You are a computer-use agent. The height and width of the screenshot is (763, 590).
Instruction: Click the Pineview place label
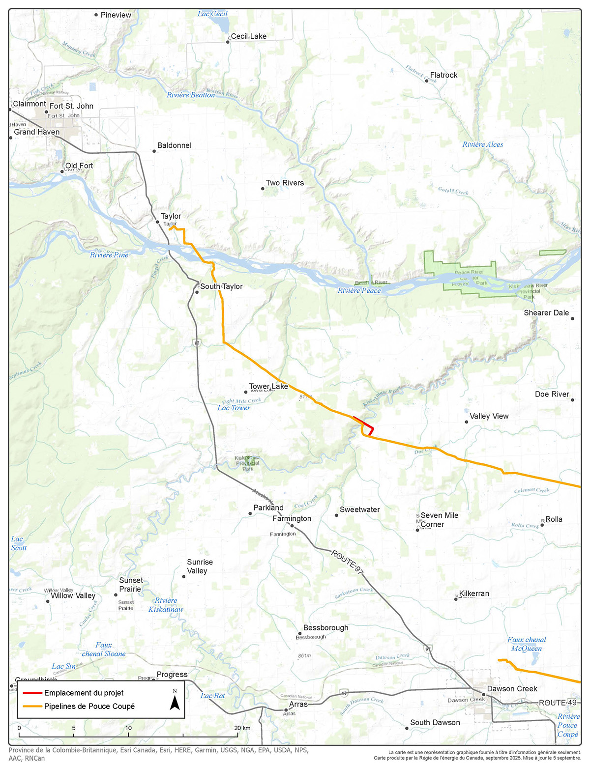116,15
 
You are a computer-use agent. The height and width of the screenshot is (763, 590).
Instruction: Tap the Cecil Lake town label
248,36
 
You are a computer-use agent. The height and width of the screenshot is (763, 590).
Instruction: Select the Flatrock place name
443,75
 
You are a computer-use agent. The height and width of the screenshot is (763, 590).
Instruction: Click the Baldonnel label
174,145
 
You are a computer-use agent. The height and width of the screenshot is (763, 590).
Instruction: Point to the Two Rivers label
285,183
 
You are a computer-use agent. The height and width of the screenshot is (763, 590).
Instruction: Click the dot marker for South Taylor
197,292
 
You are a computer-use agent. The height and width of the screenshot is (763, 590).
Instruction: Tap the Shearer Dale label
546,313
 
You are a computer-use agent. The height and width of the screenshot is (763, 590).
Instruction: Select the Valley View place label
489,416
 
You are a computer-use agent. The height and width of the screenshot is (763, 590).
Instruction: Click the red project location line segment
364,423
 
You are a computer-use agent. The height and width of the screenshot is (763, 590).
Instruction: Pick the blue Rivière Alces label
482,144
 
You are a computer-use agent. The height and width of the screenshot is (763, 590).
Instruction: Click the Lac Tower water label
234,408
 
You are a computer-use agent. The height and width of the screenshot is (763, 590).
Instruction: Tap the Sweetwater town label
359,509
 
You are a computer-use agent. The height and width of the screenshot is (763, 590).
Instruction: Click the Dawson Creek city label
512,689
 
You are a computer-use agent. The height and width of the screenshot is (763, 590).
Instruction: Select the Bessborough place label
325,628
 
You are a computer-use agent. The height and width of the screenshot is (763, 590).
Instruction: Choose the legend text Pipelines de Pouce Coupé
89,706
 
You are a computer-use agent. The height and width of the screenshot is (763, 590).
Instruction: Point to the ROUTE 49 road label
558,703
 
